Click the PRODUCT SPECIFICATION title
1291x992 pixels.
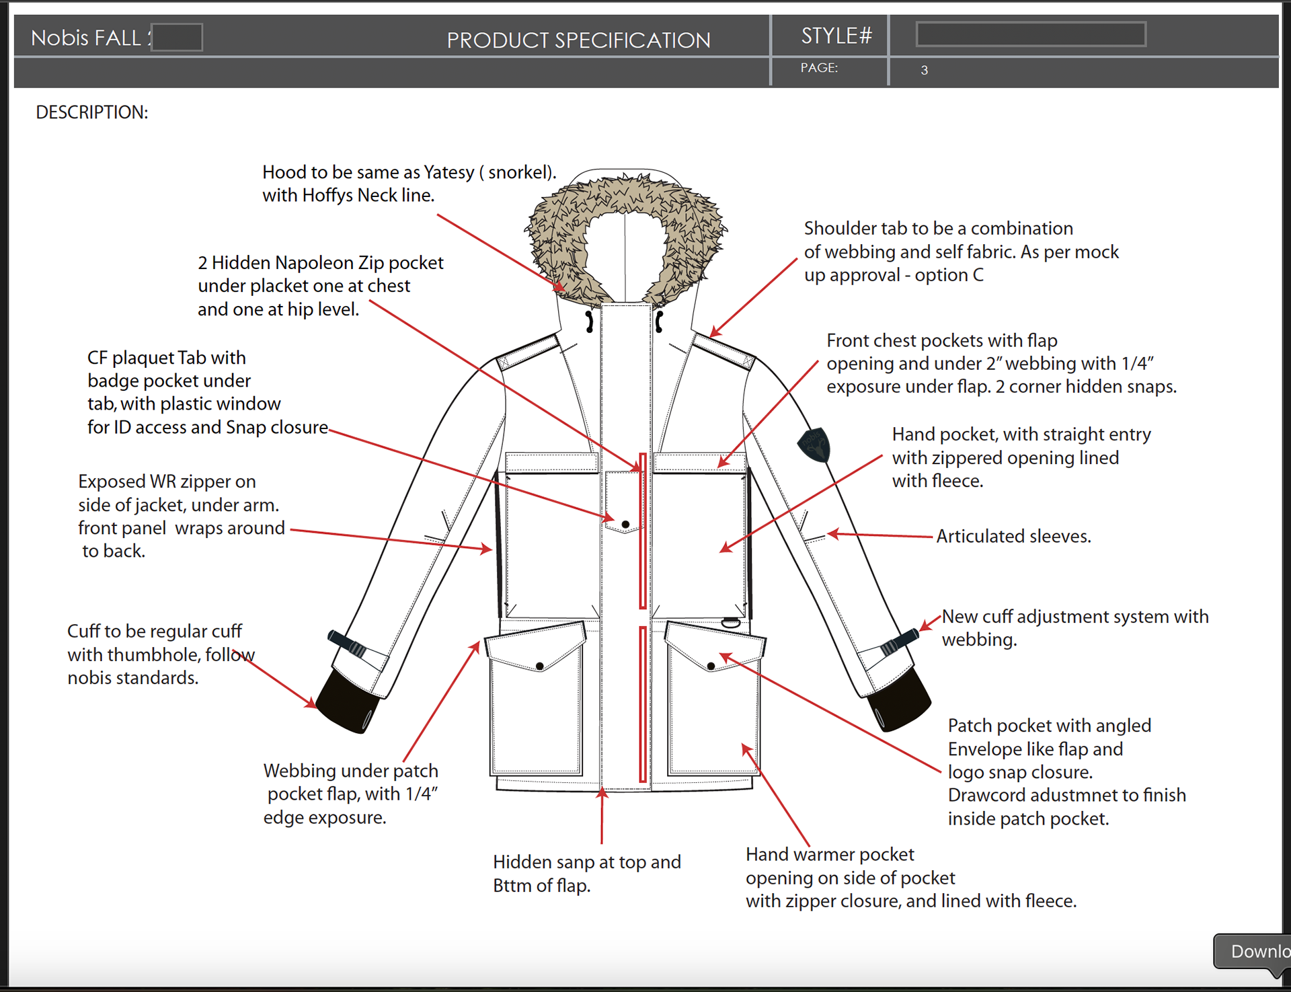(578, 40)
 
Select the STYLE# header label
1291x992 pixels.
(836, 36)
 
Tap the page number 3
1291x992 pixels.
(925, 70)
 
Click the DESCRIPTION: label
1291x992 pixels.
(91, 112)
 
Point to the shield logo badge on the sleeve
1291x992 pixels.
(814, 445)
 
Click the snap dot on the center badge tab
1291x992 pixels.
(625, 524)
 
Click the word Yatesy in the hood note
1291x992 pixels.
(448, 172)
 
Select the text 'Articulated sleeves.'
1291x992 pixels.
(1013, 536)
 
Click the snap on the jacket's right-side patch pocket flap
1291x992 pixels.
(711, 666)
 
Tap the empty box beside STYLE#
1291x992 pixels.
(1031, 34)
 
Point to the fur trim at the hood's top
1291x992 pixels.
(625, 192)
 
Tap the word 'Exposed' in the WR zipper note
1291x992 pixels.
(112, 482)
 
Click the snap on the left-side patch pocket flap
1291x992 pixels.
(539, 666)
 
